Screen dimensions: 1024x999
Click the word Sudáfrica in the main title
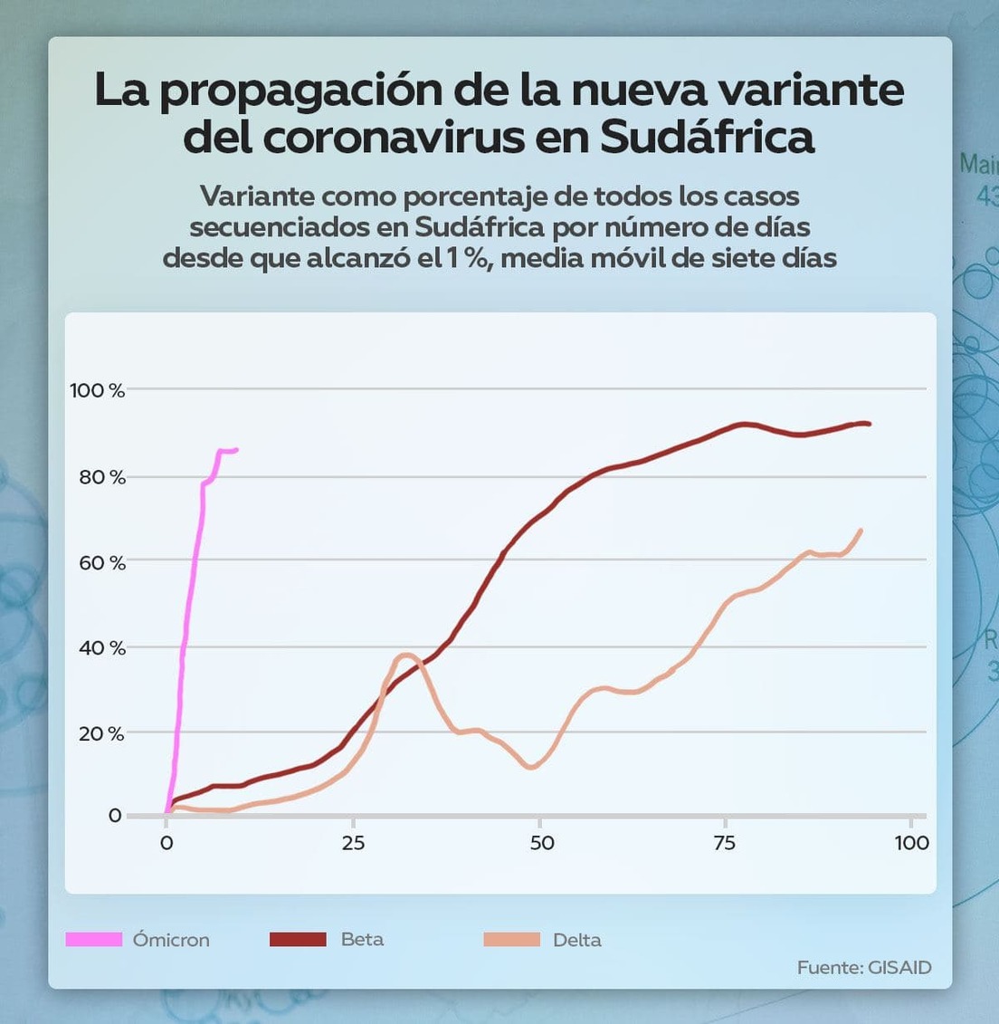707,138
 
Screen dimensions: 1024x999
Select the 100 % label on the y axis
97,390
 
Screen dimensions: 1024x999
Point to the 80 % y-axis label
101,477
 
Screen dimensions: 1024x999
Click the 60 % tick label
101,563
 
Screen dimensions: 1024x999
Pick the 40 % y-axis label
101,648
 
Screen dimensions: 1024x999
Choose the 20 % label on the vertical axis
100,733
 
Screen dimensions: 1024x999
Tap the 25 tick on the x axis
353,843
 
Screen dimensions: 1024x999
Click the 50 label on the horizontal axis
541,843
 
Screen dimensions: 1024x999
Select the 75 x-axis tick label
724,843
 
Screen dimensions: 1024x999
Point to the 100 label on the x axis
911,843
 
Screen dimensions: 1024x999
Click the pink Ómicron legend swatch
94,939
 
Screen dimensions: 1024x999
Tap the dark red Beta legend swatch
298,939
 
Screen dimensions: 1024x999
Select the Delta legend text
577,940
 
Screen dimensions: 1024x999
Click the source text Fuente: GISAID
863,967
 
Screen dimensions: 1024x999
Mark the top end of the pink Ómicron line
235,449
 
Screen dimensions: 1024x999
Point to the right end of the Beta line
869,424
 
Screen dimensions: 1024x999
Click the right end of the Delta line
861,531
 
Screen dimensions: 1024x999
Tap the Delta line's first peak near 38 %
406,655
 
